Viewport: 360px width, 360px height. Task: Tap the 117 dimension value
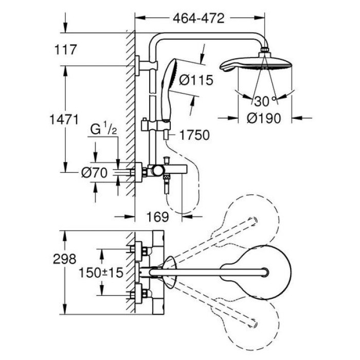click(65, 50)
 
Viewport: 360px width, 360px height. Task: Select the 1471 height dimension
click(65, 120)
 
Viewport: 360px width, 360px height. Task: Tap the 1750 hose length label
click(195, 135)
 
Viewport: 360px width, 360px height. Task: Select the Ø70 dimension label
click(94, 173)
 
